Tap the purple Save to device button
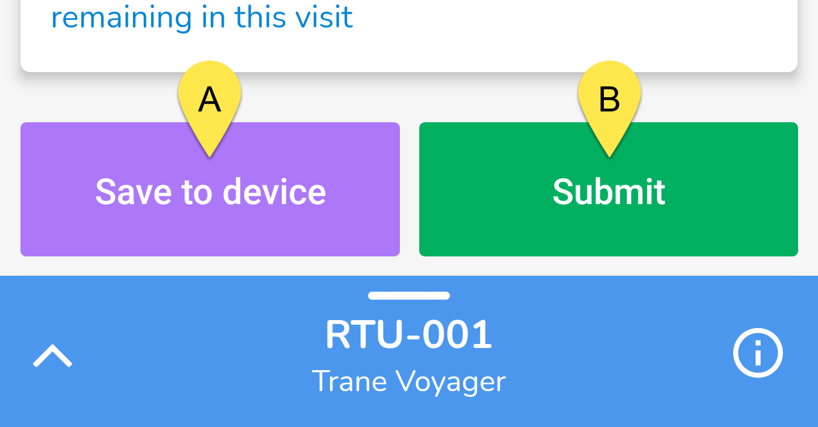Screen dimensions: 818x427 click(x=210, y=189)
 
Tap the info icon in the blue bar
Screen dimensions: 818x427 click(x=758, y=353)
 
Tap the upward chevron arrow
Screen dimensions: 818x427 click(x=53, y=355)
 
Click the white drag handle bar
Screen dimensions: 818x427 click(x=409, y=296)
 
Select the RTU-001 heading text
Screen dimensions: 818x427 click(x=408, y=334)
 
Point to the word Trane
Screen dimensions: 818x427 click(x=349, y=381)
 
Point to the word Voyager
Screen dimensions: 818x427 click(x=452, y=383)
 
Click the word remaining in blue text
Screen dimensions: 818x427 click(x=122, y=18)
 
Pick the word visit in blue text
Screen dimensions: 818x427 click(x=324, y=17)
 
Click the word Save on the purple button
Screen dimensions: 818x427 click(x=133, y=192)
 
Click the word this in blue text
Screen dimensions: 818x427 click(x=260, y=17)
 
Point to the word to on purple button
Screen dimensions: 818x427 click(x=197, y=192)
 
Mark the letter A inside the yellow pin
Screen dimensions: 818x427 click(x=210, y=99)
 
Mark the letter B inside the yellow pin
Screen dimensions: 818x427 click(x=610, y=99)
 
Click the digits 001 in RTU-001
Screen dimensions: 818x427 click(x=457, y=334)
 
